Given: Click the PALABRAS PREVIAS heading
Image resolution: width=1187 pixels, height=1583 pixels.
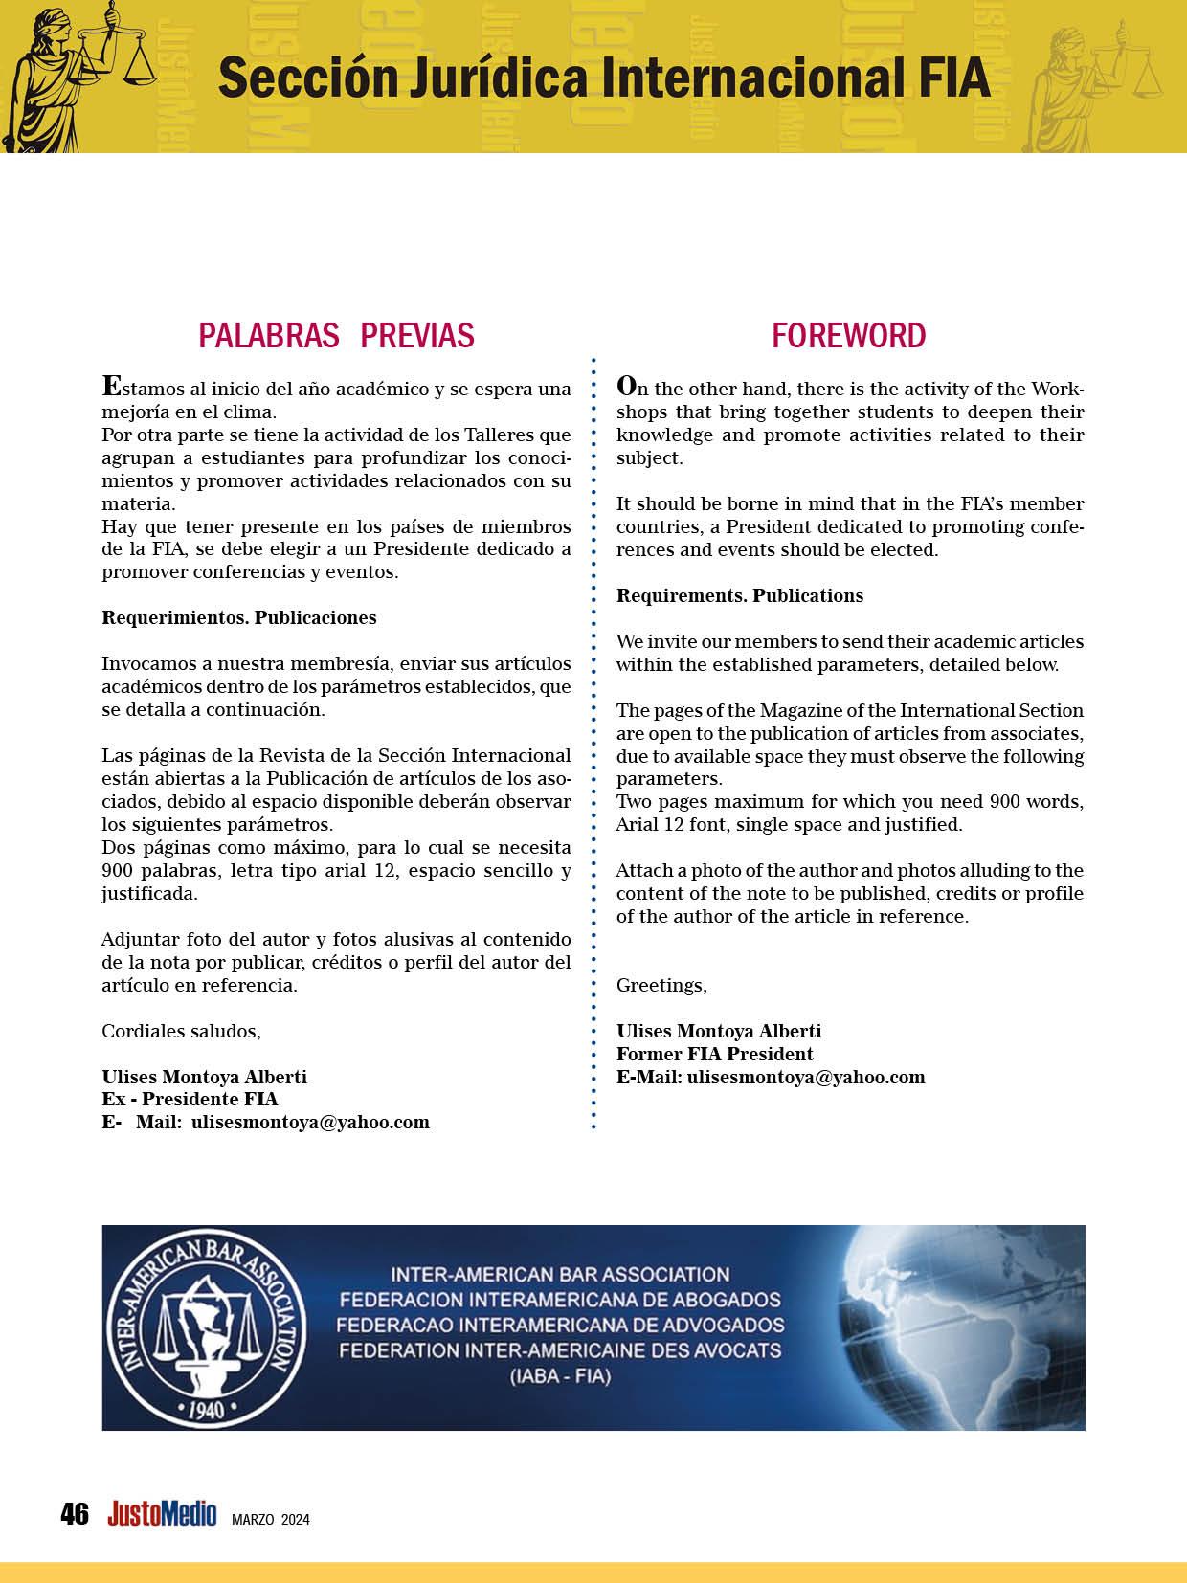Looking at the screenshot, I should click(x=336, y=336).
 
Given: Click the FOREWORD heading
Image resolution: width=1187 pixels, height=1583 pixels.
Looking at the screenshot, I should click(x=848, y=336).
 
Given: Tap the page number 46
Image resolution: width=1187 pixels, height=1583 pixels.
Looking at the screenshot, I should click(x=74, y=1514).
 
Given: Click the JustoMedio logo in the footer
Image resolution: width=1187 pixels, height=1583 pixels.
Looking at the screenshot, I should click(x=162, y=1514).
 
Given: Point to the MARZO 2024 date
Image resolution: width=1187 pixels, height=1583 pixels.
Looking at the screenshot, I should click(x=271, y=1520).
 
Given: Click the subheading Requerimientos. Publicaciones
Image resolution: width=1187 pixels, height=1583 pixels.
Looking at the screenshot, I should click(x=239, y=617).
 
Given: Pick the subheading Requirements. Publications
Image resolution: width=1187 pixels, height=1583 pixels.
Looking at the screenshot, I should click(x=739, y=595).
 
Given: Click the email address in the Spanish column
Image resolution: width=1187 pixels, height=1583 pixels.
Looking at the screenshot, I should click(x=310, y=1122).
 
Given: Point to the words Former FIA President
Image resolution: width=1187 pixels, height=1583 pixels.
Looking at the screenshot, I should click(x=714, y=1054).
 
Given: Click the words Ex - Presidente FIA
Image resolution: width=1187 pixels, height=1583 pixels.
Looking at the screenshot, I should click(x=190, y=1099).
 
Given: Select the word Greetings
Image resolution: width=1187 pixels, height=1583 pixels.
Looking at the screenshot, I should click(x=661, y=985).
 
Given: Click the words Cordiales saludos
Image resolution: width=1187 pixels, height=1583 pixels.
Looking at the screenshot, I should click(x=181, y=1031).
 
